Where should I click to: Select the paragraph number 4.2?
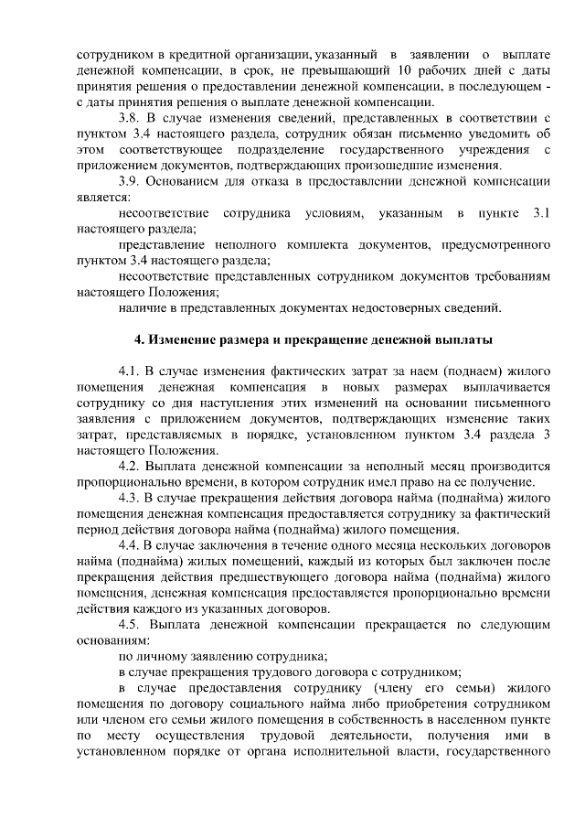[129, 466]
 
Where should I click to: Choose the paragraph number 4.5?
[129, 624]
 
